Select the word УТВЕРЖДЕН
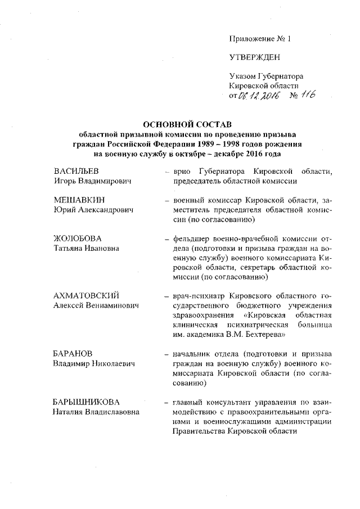(255, 57)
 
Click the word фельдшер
(191, 239)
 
